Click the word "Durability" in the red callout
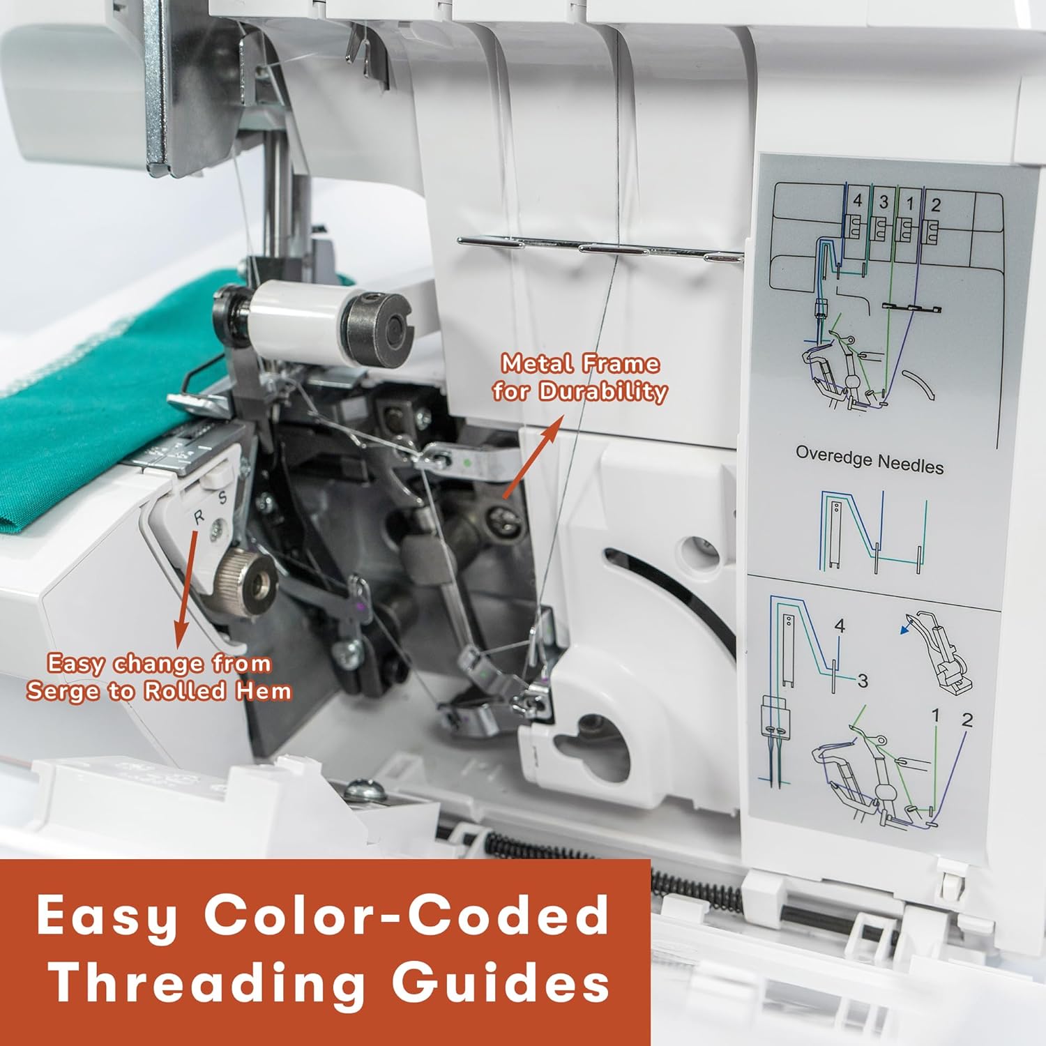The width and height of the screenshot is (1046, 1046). pos(603,391)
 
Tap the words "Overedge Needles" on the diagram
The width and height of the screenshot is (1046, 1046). pos(870,460)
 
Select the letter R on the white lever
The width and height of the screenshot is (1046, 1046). pos(199,517)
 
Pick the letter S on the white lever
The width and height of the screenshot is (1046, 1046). pos(222,498)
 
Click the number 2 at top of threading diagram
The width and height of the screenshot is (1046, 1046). pos(936,205)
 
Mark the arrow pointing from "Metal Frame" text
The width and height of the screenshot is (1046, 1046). pos(532,458)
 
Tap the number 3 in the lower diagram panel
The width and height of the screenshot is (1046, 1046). pos(863,681)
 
